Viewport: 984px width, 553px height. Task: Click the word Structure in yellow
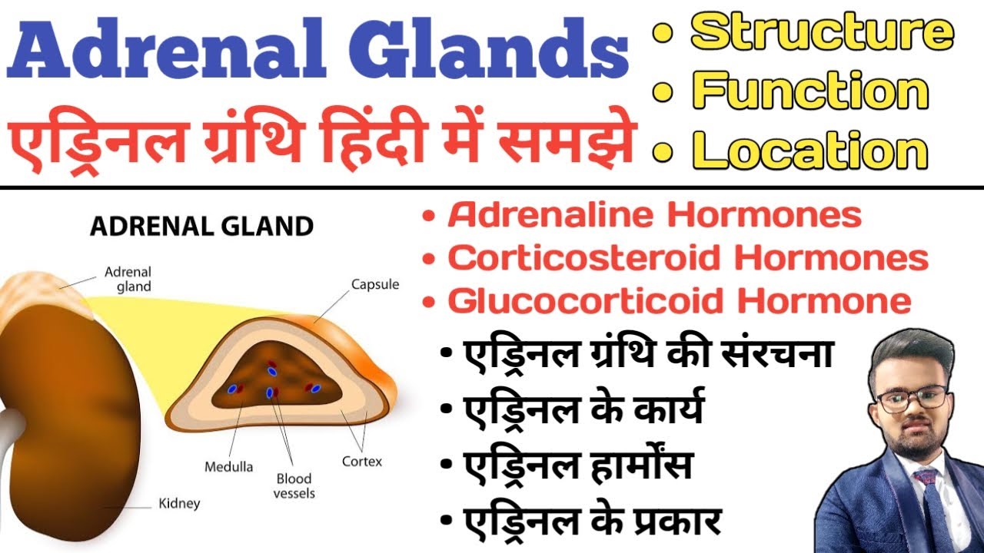coord(822,32)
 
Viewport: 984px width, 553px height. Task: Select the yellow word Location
coord(810,150)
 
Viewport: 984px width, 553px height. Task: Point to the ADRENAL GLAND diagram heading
coord(202,227)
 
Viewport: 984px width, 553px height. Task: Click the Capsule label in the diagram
coord(375,285)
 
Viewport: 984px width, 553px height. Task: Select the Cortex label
coord(361,462)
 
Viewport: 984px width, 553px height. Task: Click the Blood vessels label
coord(294,486)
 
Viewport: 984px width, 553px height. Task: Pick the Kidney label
coord(179,504)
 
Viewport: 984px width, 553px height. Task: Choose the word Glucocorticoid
coord(584,300)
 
